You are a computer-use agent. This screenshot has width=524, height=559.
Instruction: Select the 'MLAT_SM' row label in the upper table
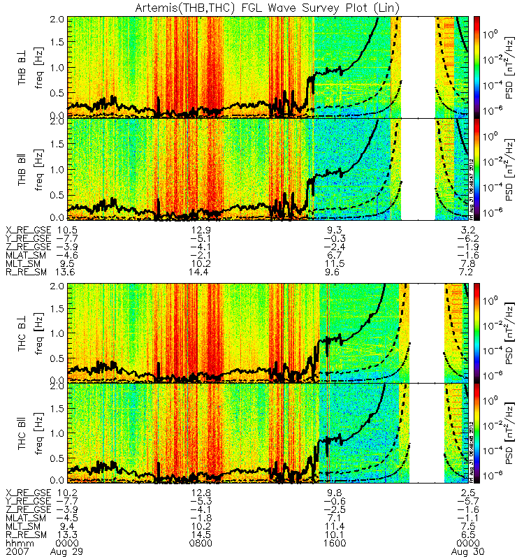click(x=22, y=256)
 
